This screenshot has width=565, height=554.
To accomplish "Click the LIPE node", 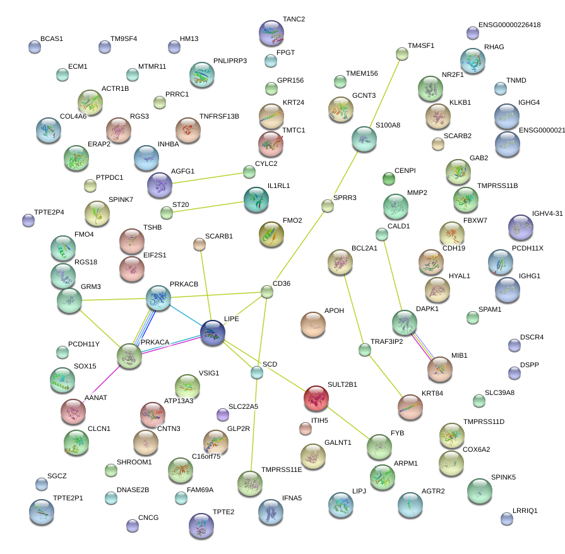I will tap(213, 333).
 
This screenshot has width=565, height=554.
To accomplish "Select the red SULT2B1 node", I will tap(316, 398).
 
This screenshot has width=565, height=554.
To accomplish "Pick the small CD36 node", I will tap(267, 292).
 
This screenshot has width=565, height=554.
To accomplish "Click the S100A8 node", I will tap(364, 139).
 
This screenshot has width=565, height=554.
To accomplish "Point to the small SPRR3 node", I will tap(327, 206).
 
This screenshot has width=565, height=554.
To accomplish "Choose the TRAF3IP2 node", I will tap(364, 349).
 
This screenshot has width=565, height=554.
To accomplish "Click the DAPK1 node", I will tap(405, 322).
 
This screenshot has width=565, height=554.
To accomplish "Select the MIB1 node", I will tap(439, 369).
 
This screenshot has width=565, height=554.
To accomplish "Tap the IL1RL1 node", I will tap(256, 199).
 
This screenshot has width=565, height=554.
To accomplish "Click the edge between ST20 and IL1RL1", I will tap(205, 206).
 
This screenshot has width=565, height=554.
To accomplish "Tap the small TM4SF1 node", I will tap(402, 54).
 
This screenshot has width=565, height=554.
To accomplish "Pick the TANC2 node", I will tap(271, 33).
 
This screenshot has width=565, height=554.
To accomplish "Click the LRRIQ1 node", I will tap(507, 519).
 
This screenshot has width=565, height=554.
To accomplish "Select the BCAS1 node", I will tap(35, 46).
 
